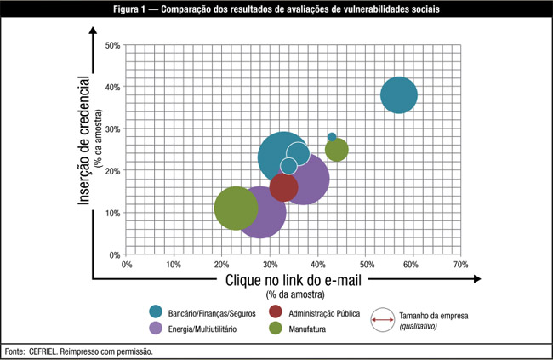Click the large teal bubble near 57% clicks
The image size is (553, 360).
tap(398, 94)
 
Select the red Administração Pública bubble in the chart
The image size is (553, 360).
tap(283, 186)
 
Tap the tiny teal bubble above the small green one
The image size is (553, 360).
tap(332, 137)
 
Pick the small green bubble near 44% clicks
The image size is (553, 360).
tap(337, 150)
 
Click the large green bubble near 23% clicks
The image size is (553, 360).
tap(236, 208)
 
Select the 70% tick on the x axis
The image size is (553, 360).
tap(461, 266)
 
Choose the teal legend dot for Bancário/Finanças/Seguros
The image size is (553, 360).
tap(157, 312)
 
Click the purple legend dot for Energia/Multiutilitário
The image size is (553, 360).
tap(157, 328)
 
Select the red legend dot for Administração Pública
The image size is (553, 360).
tap(276, 312)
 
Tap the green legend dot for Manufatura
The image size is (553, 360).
tap(276, 328)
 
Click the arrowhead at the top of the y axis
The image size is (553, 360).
tap(92, 31)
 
